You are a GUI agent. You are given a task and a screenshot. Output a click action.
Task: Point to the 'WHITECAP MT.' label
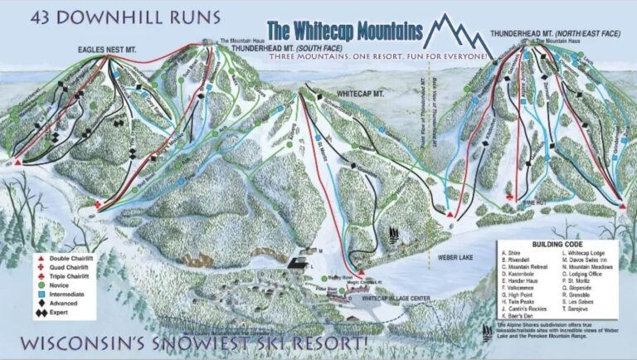coord(359,93)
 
